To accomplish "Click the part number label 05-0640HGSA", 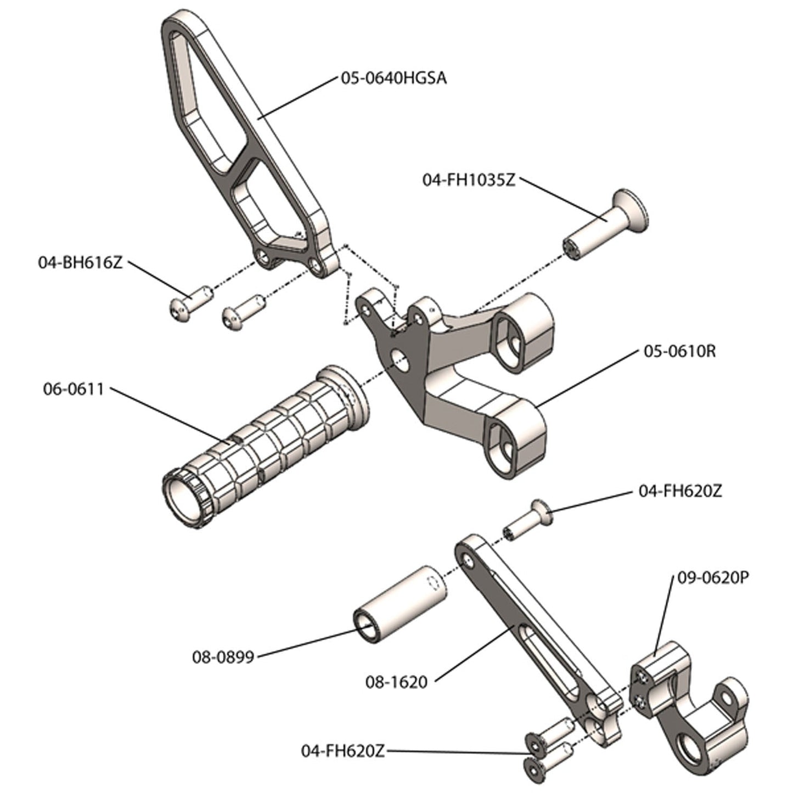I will click(393, 78).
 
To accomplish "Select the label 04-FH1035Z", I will click(469, 180).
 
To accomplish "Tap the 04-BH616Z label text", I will click(80, 262).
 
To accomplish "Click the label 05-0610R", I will click(679, 351).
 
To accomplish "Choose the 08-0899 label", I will click(223, 656).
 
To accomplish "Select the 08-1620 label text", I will click(396, 682).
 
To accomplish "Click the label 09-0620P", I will click(713, 578).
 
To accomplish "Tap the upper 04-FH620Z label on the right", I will click(680, 491).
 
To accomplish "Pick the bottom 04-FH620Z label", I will click(342, 751).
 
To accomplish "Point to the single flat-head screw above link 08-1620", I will click(526, 519).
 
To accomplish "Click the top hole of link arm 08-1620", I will click(467, 559).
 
